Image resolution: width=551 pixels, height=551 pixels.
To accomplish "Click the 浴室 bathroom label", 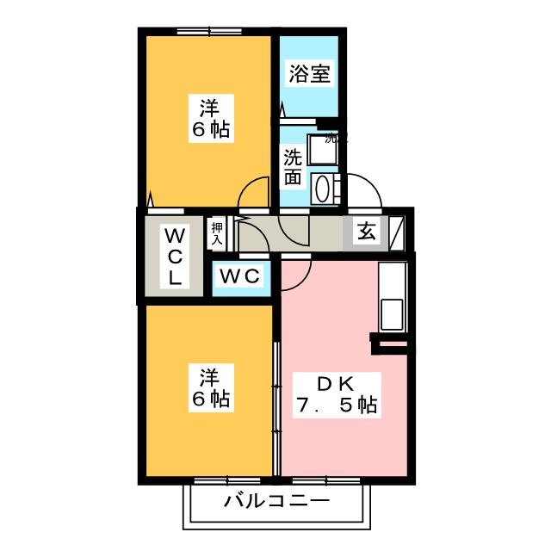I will (308, 74).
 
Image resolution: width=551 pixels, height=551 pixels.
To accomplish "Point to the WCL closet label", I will (174, 256).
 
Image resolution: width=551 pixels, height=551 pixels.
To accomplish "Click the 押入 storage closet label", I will (217, 233).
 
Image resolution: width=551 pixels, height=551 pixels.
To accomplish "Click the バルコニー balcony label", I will (276, 501).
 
